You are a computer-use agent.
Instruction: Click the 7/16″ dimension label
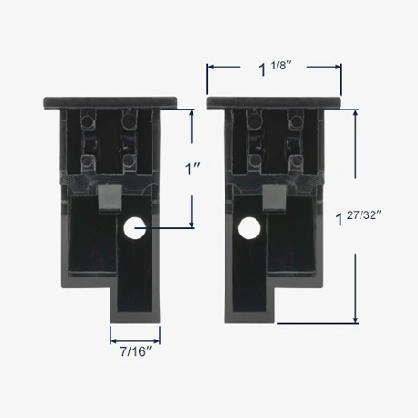136,351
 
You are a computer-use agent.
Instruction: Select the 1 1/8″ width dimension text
275,68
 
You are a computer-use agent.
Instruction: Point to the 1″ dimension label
193,169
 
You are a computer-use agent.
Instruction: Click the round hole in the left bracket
135,228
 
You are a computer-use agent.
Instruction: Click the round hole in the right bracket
249,228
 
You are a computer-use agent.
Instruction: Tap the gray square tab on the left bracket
110,198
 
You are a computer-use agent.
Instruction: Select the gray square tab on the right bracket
275,198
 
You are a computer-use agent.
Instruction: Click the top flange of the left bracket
110,103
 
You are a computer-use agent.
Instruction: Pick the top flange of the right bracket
274,103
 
